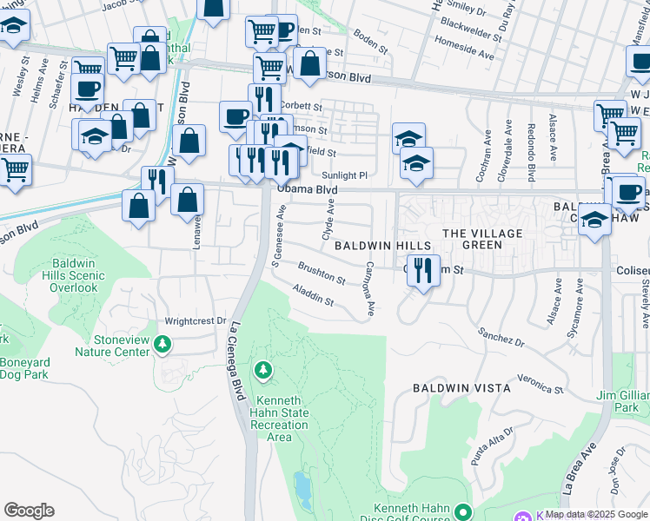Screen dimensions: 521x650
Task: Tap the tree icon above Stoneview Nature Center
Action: (162, 345)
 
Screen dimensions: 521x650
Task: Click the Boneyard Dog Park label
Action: (24, 368)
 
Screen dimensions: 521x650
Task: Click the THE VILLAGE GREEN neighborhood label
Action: (483, 240)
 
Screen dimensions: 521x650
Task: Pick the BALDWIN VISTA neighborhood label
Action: (461, 388)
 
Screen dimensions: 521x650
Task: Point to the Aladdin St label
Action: (314, 295)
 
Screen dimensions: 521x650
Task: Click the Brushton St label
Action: (322, 275)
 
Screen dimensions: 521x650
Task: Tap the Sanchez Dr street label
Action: (501, 337)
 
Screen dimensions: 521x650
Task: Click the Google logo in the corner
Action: (29, 511)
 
